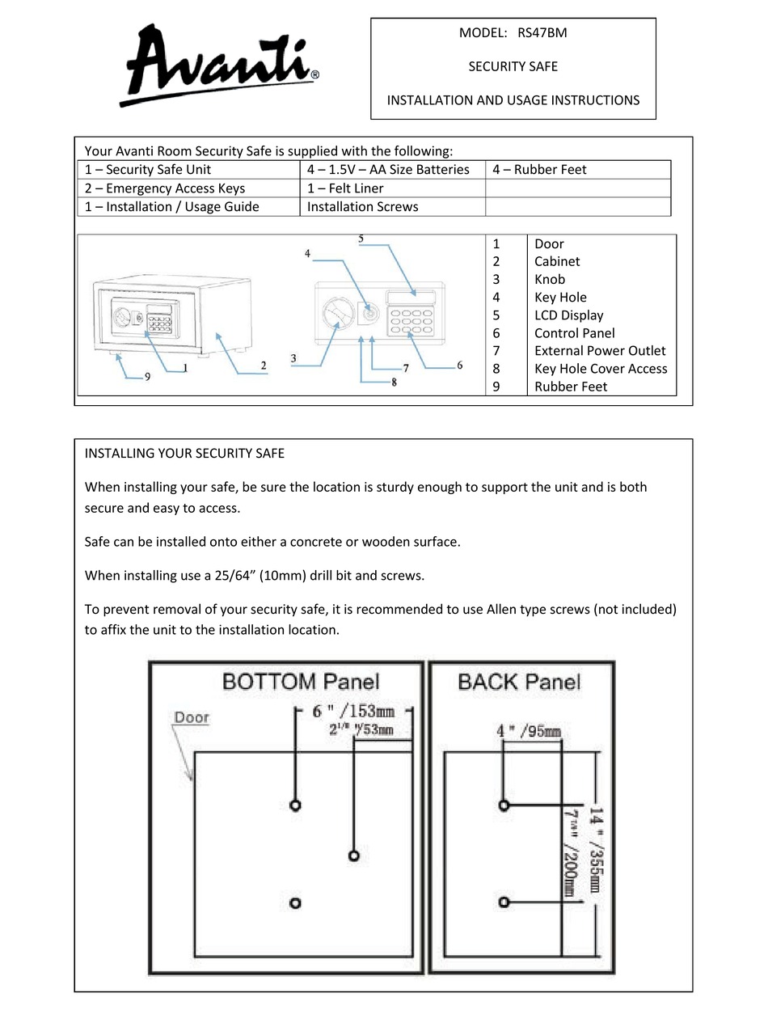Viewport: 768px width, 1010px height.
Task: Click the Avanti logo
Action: click(217, 65)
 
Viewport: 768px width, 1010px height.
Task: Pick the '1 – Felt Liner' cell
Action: click(345, 188)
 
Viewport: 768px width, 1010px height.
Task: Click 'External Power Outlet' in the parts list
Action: click(599, 351)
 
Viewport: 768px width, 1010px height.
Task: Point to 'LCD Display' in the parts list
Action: click(568, 315)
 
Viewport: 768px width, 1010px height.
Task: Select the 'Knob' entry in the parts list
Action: click(549, 280)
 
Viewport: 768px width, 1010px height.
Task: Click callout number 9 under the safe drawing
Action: click(147, 376)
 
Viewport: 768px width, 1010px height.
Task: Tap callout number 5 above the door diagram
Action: click(361, 239)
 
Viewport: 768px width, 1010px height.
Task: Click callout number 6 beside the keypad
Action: click(459, 366)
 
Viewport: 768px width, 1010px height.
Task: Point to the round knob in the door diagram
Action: click(334, 312)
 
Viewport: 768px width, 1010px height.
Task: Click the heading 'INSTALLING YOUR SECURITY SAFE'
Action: click(184, 454)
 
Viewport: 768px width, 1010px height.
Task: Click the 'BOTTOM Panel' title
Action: click(300, 682)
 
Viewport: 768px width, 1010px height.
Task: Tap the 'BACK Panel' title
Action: click(518, 682)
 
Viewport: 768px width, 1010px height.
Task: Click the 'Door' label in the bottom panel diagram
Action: click(192, 717)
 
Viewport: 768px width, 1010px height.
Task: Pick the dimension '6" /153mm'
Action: click(353, 712)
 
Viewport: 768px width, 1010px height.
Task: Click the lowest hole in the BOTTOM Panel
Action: click(294, 902)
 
